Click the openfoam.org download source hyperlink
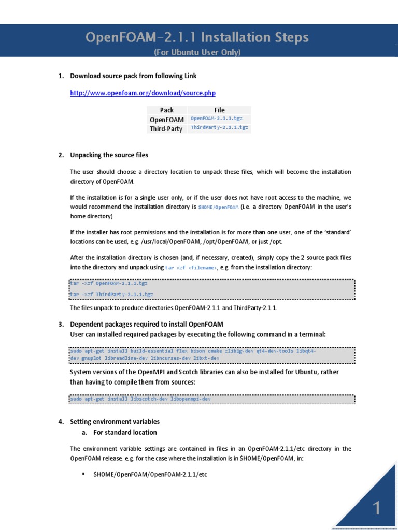point(143,93)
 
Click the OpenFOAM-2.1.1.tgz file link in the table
point(216,119)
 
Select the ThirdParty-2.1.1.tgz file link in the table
point(219,127)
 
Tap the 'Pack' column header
point(167,110)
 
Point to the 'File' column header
point(219,110)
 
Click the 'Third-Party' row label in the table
point(166,128)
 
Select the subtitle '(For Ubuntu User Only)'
point(197,52)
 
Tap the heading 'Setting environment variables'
point(115,421)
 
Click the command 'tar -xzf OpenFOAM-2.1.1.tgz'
point(112,284)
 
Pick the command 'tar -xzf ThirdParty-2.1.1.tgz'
point(112,294)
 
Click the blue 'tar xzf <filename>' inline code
point(190,268)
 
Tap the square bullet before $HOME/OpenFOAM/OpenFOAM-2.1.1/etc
point(83,474)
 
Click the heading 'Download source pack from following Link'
point(133,76)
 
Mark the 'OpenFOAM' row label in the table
point(167,119)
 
